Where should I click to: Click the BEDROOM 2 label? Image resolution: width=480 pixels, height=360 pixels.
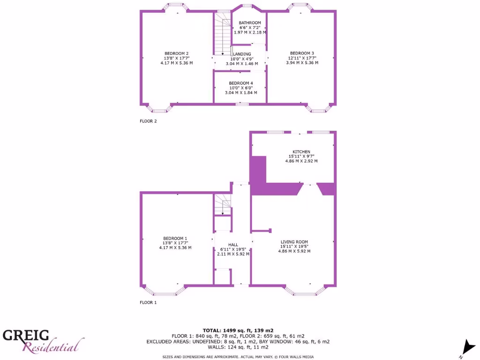[x=176, y=53]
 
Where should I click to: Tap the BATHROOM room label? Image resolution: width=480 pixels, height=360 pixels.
[x=249, y=23]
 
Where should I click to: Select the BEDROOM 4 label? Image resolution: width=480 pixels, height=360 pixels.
[x=241, y=83]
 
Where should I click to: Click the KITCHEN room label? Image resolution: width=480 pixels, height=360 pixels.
[x=301, y=151]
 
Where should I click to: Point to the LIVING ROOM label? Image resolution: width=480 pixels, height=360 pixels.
[x=294, y=242]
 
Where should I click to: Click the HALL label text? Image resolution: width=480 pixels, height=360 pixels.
[x=233, y=245]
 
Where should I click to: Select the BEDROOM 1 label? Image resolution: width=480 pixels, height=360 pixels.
[x=175, y=238]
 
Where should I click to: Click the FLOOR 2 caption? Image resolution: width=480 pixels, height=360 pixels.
[x=148, y=121]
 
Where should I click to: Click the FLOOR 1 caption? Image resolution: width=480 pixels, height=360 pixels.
[x=148, y=302]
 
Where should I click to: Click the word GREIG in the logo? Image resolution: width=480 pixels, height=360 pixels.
[x=27, y=335]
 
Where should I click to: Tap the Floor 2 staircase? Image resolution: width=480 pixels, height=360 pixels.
[x=223, y=34]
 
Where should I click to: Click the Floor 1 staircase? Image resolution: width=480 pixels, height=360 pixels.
[x=223, y=205]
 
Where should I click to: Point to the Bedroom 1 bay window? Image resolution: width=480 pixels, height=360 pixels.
[x=164, y=291]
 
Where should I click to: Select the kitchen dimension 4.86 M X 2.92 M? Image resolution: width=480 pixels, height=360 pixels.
[x=301, y=161]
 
